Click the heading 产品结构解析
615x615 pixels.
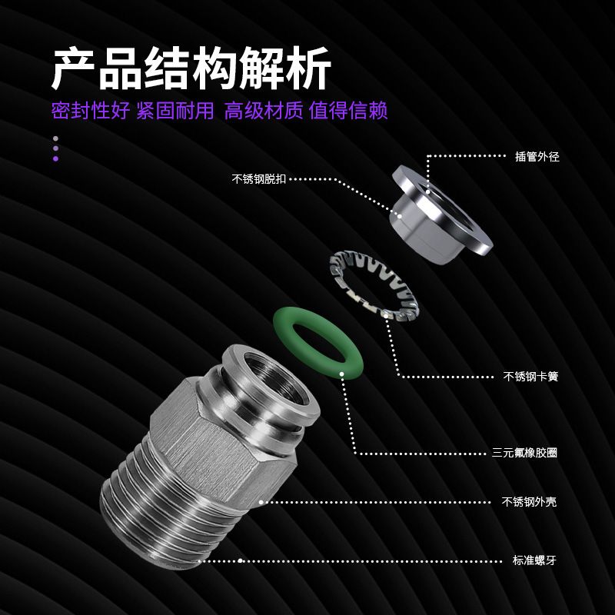click(191, 68)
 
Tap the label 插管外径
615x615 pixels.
click(537, 157)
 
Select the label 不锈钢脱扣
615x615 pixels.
click(259, 179)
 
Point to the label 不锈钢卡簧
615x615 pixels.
click(530, 377)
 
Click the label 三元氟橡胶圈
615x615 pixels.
click(525, 453)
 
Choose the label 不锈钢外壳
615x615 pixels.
click(529, 502)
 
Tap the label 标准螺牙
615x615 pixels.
click(534, 560)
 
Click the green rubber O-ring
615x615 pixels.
click(318, 318)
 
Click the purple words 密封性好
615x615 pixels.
click(91, 111)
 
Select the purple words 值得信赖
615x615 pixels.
click(348, 111)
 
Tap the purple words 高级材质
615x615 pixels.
click(264, 111)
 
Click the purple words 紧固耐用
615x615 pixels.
click(175, 111)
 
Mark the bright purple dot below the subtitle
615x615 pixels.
click(55, 159)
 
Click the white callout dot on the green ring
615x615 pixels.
click(341, 374)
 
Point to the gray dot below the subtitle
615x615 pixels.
click(55, 138)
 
